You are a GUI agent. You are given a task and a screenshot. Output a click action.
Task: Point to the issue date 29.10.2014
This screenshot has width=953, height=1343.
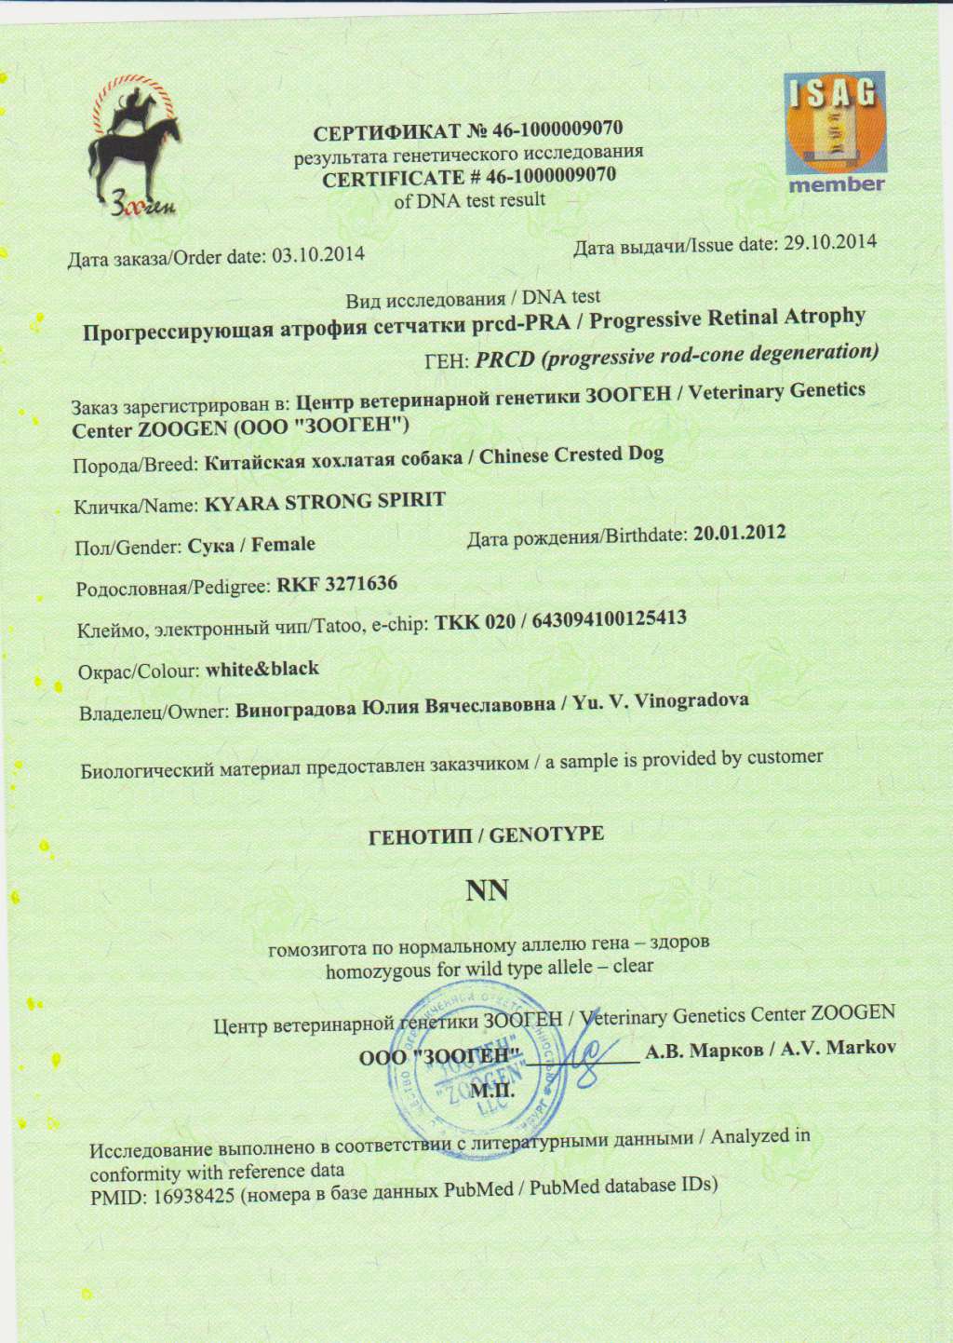830,242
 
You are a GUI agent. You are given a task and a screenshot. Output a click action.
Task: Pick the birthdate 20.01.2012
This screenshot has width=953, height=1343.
740,534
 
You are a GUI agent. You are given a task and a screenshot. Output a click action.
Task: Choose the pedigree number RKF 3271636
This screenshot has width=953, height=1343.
338,585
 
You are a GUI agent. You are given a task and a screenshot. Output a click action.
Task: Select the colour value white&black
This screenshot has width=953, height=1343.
262,670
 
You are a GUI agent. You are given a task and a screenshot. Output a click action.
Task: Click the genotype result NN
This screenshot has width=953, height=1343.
488,891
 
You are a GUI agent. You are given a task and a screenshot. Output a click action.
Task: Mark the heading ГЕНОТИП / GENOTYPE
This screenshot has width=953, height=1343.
487,835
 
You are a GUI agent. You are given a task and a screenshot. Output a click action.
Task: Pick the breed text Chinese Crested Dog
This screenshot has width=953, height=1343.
571,455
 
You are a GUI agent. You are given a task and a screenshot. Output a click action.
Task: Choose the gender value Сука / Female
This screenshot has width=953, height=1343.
251,545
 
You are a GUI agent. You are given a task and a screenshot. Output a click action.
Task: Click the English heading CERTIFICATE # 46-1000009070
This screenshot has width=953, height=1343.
469,177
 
